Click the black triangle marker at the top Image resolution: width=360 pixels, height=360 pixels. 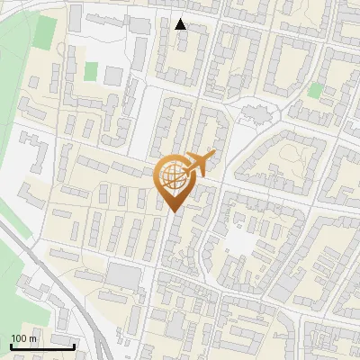[181, 24]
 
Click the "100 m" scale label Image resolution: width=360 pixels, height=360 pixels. [23, 338]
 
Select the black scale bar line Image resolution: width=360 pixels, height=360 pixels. [42, 346]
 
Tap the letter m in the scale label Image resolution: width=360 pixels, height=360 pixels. [32, 338]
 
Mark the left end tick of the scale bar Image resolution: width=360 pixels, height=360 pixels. [11, 345]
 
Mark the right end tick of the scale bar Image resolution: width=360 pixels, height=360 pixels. [74, 345]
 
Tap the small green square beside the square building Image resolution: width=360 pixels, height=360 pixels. [90, 70]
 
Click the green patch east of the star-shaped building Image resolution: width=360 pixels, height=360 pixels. [314, 90]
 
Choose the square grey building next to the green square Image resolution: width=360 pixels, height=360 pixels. [112, 76]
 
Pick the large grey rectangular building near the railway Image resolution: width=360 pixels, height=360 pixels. [124, 278]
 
